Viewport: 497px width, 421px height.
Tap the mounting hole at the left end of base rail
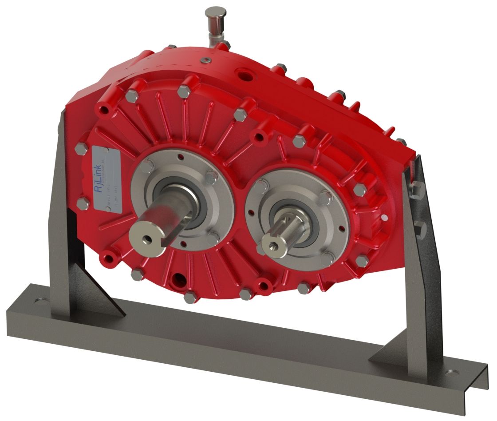coord(43,300)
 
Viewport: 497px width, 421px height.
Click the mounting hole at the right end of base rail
coord(452,372)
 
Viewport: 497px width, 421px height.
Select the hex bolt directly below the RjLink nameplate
coord(83,204)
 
